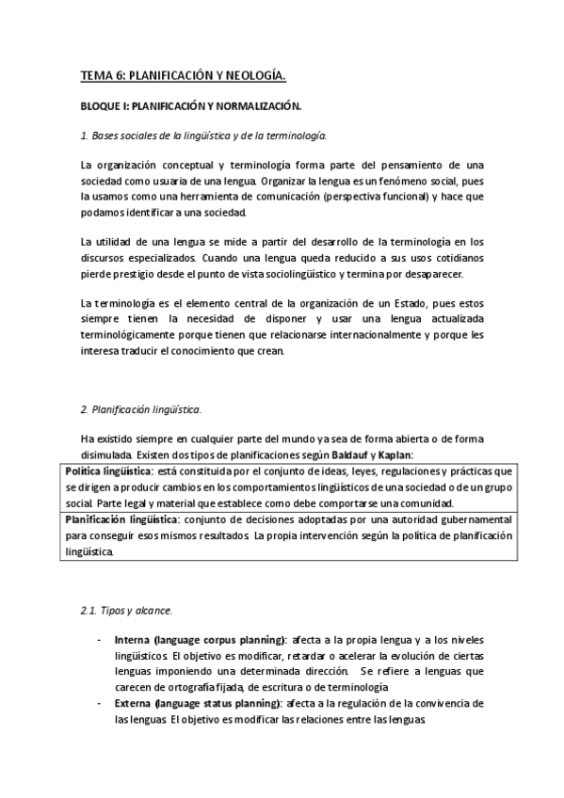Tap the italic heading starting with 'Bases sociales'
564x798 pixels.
pyautogui.click(x=203, y=136)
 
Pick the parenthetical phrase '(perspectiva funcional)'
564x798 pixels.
pyautogui.click(x=371, y=198)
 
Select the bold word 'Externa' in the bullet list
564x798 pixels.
pyautogui.click(x=132, y=703)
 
